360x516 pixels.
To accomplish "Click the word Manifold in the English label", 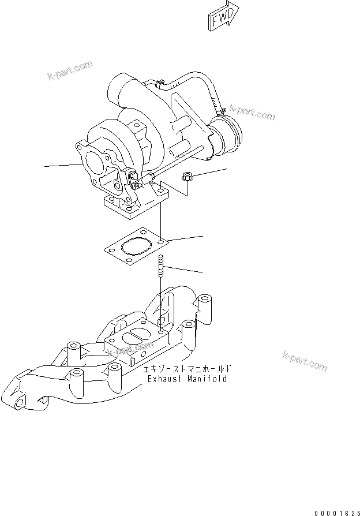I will (x=208, y=379).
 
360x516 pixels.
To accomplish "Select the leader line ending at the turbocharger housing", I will (x=61, y=166).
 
